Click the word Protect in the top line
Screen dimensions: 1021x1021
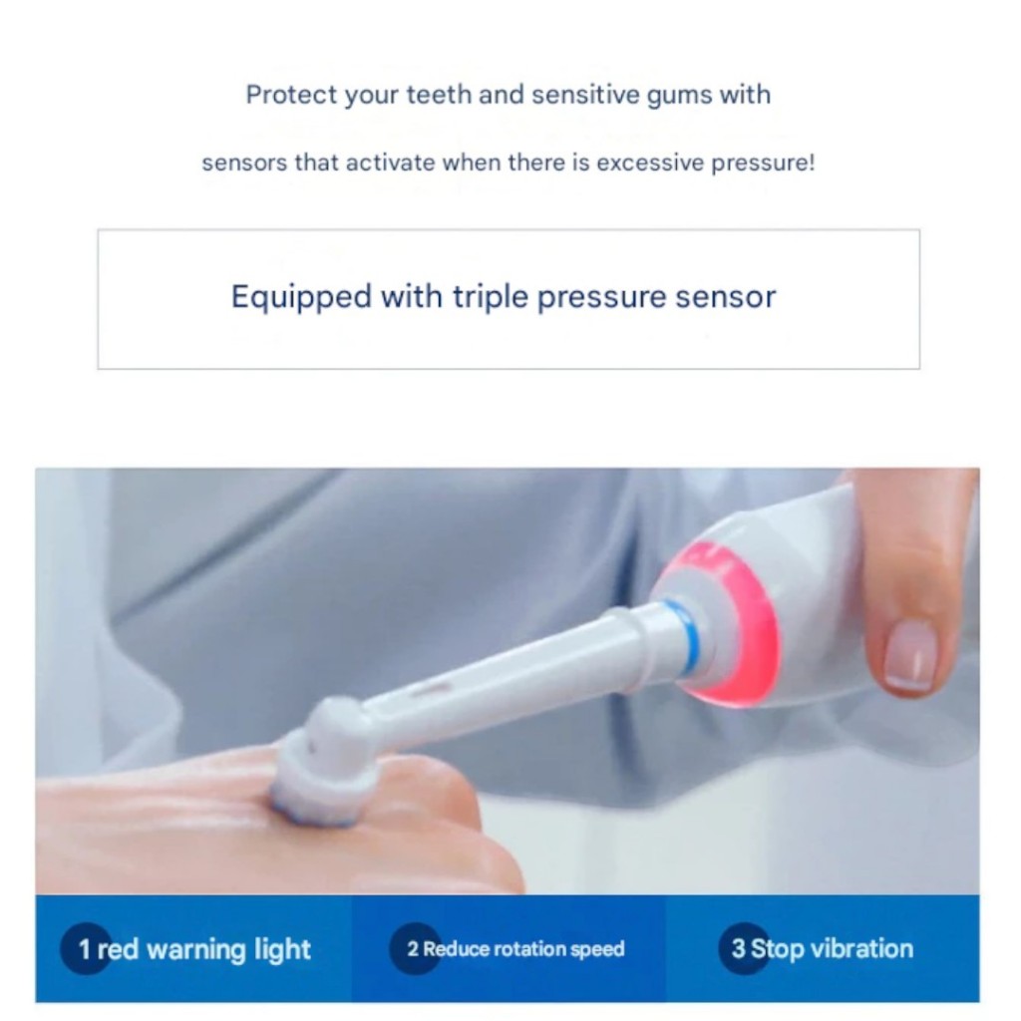[292, 95]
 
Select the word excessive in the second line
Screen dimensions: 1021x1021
[650, 163]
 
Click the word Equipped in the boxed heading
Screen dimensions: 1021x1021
[301, 297]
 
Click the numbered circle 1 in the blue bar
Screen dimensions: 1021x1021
[86, 949]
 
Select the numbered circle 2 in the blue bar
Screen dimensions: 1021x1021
[415, 949]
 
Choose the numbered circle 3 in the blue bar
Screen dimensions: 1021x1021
[744, 949]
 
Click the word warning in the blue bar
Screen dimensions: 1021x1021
[196, 950]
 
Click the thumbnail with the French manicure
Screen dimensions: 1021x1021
[911, 654]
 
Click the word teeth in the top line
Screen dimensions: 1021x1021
[439, 95]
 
